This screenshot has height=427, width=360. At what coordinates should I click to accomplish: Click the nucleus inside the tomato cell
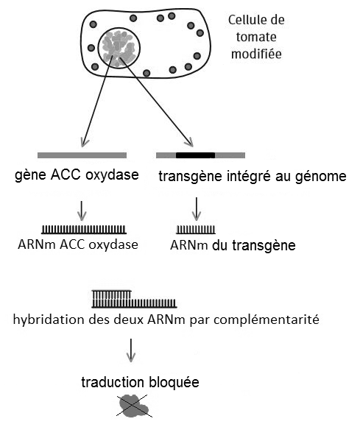119,48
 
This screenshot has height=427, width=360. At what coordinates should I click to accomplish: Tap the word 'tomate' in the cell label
256,37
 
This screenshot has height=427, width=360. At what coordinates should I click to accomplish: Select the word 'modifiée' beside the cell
256,53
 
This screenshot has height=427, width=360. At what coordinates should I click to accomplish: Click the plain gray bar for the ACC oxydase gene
82,155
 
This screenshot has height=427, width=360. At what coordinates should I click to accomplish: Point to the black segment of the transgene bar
195,155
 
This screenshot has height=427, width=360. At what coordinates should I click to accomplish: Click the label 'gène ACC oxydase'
77,174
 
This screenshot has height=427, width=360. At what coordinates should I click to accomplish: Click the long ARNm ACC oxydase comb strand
84,230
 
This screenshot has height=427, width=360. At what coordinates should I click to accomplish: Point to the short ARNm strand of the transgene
196,230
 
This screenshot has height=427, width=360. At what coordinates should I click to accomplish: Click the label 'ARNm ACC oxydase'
78,244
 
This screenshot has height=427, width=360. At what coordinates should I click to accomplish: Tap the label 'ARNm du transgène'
233,245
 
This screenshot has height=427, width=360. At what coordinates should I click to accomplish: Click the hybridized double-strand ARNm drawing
134,299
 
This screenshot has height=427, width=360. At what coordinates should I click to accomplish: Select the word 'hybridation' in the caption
49,320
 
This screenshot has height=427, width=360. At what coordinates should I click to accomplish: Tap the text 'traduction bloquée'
140,382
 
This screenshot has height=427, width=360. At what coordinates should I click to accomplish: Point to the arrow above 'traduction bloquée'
131,350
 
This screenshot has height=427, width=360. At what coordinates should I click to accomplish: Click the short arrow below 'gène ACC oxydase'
82,211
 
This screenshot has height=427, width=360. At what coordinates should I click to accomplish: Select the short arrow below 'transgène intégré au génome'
197,209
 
